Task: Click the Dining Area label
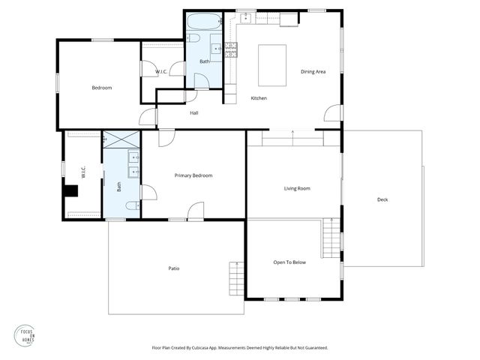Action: pos(313,72)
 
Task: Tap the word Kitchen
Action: pos(259,98)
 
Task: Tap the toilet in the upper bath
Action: pos(193,37)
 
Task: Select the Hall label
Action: pos(193,113)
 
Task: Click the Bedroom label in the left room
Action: pos(101,88)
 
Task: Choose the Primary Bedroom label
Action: pos(193,175)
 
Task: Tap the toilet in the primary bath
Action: pos(132,205)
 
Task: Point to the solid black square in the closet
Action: pos(70,190)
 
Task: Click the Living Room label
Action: pos(297,188)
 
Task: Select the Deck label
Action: pos(382,199)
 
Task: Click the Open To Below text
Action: pos(289,262)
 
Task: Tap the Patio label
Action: pos(173,268)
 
